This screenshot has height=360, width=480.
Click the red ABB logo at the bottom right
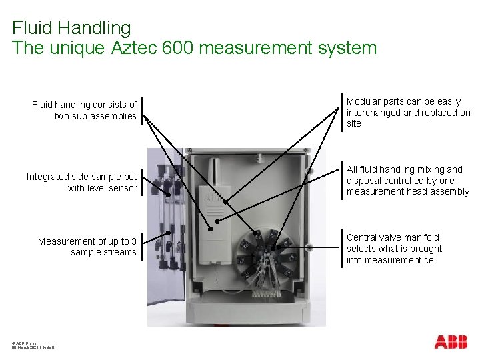click(451, 342)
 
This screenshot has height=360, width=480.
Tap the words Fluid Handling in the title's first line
click(71, 28)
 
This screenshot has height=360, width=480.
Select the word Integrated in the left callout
click(47, 177)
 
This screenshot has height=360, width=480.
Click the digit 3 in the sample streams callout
click(133, 241)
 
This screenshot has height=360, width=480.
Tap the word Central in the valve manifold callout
click(363, 237)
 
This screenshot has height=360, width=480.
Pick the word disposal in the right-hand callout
click(364, 181)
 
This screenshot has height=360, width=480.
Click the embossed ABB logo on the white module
click(213, 199)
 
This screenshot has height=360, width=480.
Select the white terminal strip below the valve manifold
click(266, 292)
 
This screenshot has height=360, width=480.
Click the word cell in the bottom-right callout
click(429, 260)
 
